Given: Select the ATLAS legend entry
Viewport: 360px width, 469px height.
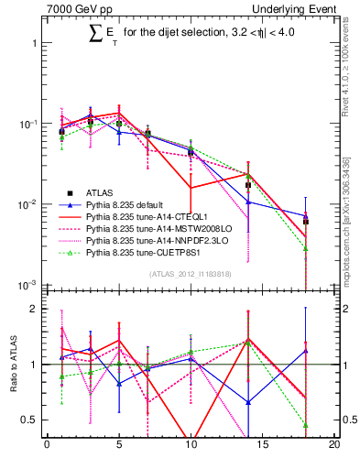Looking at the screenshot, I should click(x=99, y=193).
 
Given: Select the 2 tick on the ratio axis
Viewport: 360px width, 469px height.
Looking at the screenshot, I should click(x=37, y=309).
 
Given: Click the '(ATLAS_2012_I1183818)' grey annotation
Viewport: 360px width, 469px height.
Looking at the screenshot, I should click(x=189, y=274).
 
